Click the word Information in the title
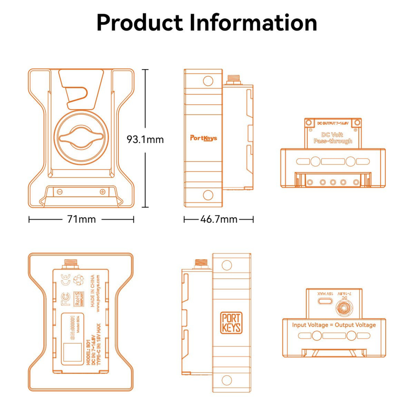coord(253,23)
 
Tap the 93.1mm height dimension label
coord(145,140)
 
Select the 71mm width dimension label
coord(81,220)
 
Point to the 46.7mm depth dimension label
coord(219,220)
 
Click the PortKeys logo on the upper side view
coord(203,138)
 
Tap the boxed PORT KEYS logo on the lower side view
coord(232,322)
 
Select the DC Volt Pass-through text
coord(333,138)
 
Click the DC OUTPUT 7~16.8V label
coord(333,122)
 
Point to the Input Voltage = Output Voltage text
coord(334,325)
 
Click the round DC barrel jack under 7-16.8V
coord(344,308)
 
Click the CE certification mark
coord(65,279)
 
